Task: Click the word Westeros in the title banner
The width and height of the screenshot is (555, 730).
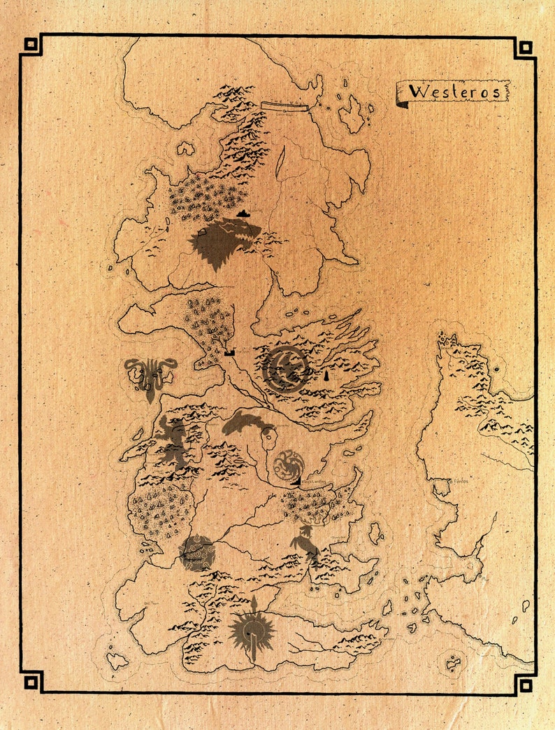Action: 454,92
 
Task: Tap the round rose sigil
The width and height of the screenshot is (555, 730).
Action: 196,553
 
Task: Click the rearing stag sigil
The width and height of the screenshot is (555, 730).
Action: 305,542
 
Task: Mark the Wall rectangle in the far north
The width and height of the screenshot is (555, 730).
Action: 284,106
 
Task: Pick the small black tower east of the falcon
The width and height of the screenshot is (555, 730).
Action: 326,376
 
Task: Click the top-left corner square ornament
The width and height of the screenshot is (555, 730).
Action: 31,45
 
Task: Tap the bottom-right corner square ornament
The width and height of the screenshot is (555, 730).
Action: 524,683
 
